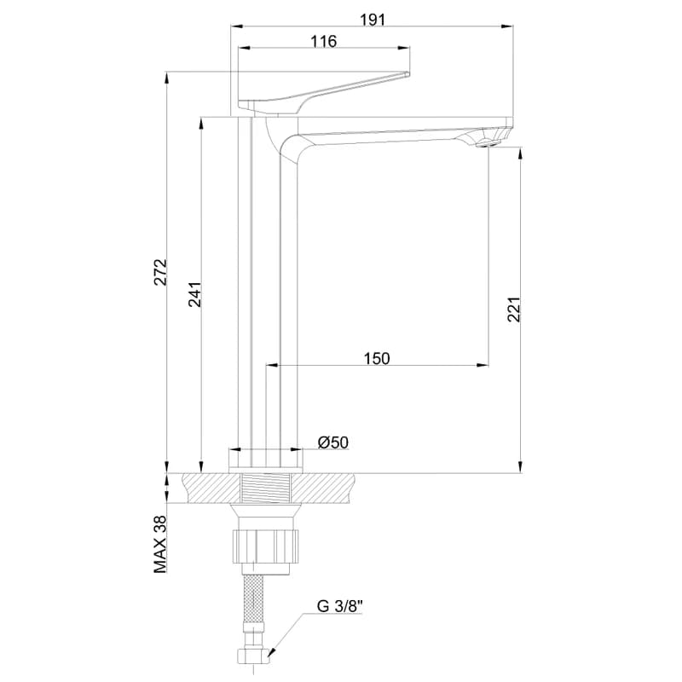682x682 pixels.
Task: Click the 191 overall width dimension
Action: tap(373, 20)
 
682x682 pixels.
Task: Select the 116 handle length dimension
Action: tap(324, 41)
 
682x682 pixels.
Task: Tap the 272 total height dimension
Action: tap(161, 272)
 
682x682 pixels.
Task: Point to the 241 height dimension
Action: tap(195, 294)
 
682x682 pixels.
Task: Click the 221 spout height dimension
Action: tap(514, 309)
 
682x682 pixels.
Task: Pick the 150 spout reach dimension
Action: tap(377, 358)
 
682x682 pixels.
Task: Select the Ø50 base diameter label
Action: tap(333, 442)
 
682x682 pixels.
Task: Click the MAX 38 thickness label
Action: tap(160, 544)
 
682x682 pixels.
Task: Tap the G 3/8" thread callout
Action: tap(339, 606)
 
